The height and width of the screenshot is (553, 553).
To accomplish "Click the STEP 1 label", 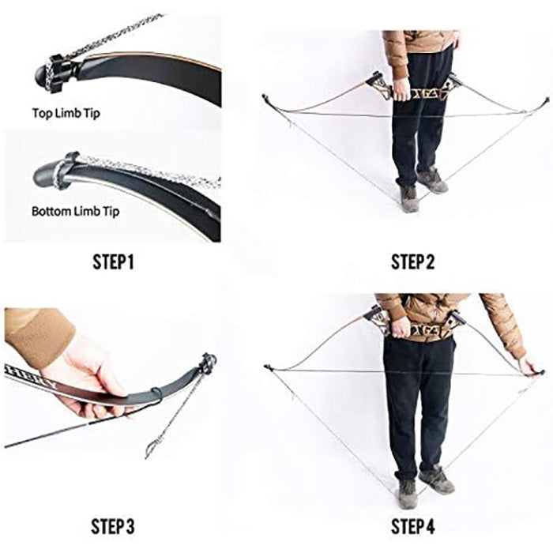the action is tap(113, 262).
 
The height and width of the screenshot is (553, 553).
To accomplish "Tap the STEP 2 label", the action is tap(412, 262).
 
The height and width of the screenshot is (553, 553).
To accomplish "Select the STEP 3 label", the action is tap(113, 526).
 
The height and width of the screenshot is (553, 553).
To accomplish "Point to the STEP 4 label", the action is tap(412, 526).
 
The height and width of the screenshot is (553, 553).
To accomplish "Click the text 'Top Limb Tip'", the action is tap(66, 114).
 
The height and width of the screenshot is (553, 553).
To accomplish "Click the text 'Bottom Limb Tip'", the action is tap(76, 212).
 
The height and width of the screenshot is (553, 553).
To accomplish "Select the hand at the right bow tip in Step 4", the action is tap(530, 367).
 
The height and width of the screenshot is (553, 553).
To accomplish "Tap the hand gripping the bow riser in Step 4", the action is tap(401, 329).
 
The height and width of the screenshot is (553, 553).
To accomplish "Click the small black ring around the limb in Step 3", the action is tap(157, 395).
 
